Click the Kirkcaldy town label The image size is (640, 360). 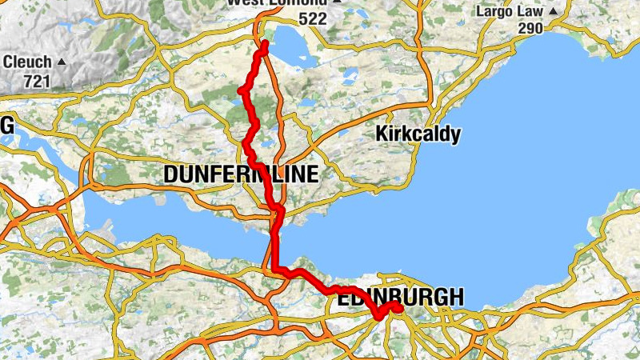point(418,134)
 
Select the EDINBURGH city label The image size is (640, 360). point(400,298)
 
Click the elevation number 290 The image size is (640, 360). point(529,28)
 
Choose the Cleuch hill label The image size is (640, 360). point(27,62)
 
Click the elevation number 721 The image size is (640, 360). point(37,81)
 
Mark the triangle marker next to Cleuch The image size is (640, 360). point(62,62)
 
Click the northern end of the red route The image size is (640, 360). point(263,42)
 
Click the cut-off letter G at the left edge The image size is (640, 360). point(7,126)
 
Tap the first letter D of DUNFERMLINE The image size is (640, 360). point(171,174)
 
